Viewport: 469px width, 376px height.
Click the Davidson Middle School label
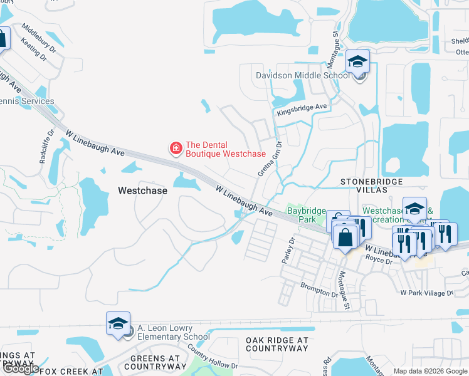302,76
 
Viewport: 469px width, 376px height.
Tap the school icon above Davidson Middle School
357,61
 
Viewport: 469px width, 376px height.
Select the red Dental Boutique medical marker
176,149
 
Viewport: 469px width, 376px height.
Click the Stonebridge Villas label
375,182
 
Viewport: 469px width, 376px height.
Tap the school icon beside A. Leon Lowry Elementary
118,323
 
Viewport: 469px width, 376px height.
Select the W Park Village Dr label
426,293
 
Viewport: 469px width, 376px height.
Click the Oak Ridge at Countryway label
277,345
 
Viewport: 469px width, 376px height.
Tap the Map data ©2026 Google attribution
430,371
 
